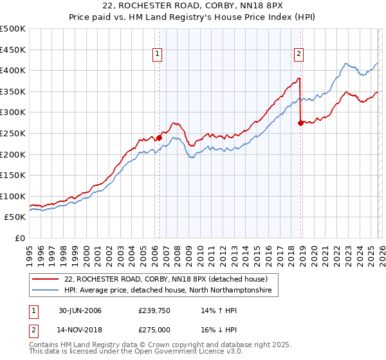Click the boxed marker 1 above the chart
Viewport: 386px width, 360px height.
158,55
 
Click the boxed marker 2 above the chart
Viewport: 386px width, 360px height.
299,55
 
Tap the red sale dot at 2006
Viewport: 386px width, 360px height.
159,137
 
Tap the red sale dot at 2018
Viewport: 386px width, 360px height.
300,123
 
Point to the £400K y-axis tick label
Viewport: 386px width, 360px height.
13,71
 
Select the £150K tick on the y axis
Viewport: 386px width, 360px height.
13,175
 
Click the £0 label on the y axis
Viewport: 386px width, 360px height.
19,238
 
